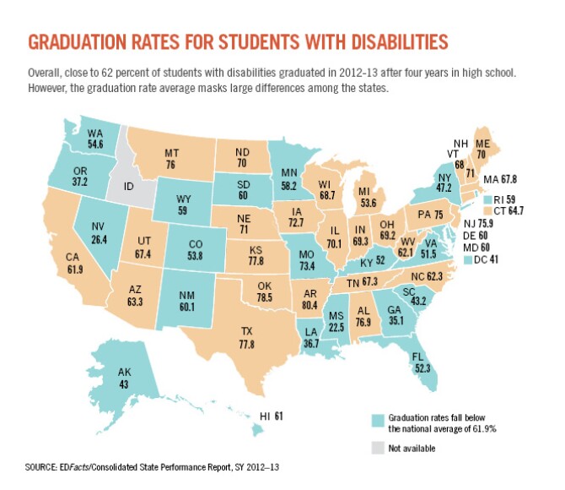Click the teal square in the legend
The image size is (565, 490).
tap(378, 419)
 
